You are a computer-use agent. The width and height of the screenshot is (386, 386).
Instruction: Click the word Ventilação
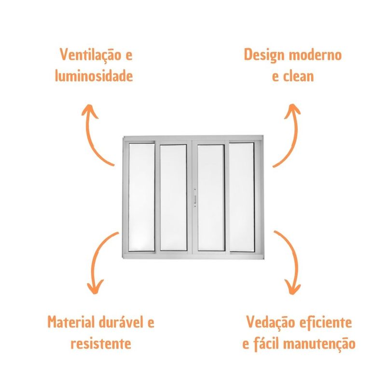91,55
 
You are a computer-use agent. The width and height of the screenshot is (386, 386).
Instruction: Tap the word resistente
101,343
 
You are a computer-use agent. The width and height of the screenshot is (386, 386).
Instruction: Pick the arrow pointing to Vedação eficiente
291,261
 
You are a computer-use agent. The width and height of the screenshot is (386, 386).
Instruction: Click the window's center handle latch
195,198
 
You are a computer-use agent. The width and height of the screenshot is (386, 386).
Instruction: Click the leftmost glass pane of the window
141,197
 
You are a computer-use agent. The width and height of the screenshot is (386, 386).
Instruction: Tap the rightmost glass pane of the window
242,197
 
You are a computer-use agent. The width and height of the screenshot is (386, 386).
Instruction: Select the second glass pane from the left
173,198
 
